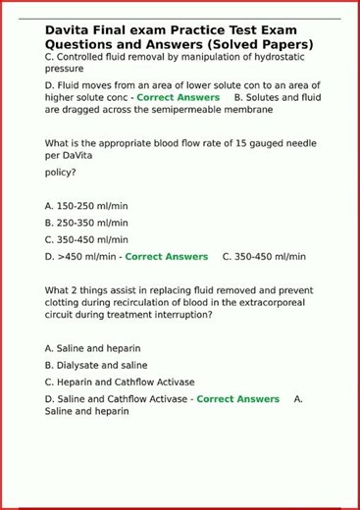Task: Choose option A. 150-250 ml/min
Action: (86, 206)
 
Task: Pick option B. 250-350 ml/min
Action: (86, 223)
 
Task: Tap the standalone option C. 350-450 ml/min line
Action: (86, 239)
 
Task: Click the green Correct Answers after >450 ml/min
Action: (167, 257)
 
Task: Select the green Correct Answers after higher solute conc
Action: (178, 98)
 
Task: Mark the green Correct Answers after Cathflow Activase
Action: (237, 399)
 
